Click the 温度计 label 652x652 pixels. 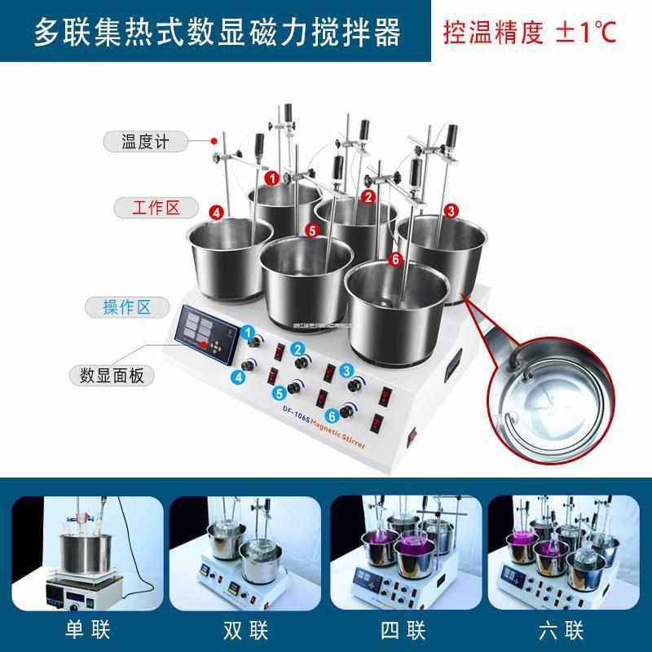point(144,142)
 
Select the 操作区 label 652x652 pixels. point(127,307)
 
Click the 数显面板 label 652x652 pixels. point(112,376)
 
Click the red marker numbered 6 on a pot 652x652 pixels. point(396,259)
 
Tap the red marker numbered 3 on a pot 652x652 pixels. point(451,210)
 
